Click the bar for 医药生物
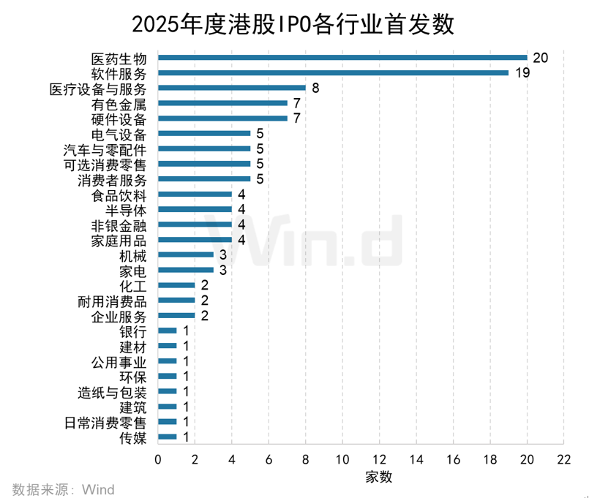pos(342,57)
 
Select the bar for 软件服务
pos(333,72)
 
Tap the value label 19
pos(522,73)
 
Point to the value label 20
pos(541,58)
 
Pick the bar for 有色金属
pos(222,103)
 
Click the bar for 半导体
pos(195,209)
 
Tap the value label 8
pos(315,88)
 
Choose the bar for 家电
pos(186,270)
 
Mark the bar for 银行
pos(168,331)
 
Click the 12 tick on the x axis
pos(380,459)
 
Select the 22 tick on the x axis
pos(563,459)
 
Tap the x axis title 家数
pos(379,477)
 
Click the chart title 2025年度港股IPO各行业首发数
pos(293,24)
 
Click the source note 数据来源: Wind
pos(63,488)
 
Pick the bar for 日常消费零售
pos(168,422)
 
